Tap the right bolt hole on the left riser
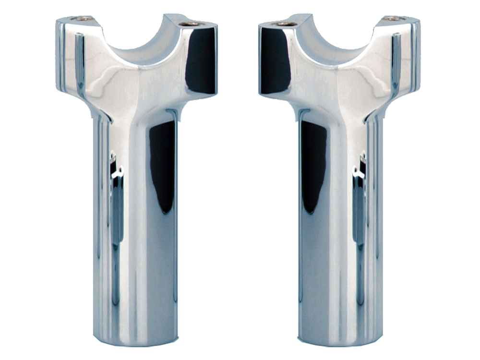click(x=192, y=23)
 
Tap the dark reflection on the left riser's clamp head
click(x=201, y=60)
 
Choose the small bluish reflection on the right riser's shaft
click(x=359, y=202)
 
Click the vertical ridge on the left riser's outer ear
click(x=80, y=62)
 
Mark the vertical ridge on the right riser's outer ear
click(x=396, y=62)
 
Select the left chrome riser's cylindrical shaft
click(x=137, y=230)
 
